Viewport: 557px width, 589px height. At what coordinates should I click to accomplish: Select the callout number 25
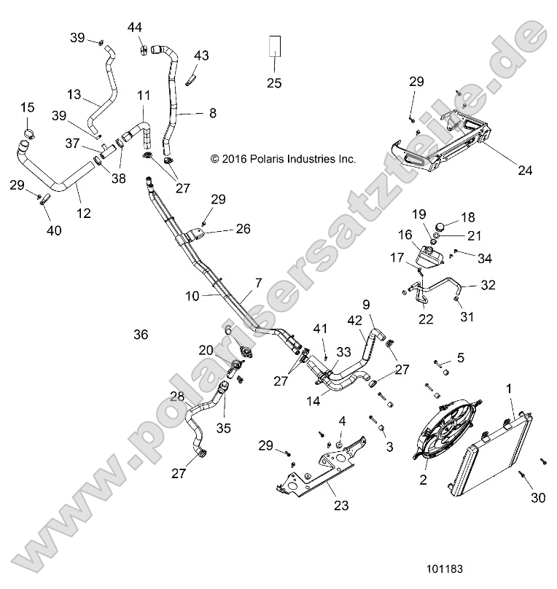tap(274, 82)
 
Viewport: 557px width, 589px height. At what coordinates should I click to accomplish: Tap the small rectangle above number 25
tap(274, 45)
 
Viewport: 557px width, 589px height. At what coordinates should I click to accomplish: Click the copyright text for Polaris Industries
tap(283, 158)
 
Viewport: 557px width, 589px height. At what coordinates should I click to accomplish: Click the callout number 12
tap(84, 213)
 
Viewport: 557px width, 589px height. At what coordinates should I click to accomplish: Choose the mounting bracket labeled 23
tap(321, 474)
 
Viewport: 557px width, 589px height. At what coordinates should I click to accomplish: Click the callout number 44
tap(135, 27)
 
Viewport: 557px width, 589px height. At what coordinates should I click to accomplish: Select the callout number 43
tap(201, 55)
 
